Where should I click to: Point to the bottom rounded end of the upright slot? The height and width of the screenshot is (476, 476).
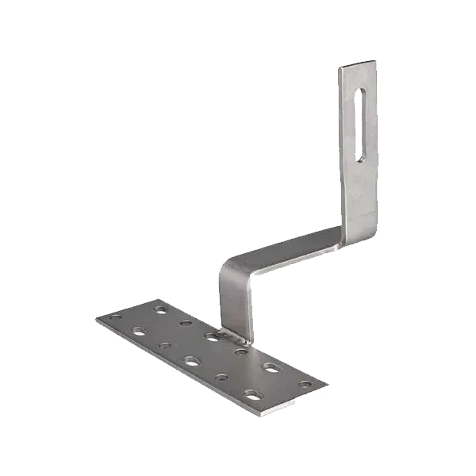[x=361, y=155]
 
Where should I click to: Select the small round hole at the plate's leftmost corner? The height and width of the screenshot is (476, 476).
[x=117, y=318]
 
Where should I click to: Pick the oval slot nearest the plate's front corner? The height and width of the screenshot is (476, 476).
[x=254, y=393]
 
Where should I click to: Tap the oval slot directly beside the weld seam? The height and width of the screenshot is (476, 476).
[x=211, y=337]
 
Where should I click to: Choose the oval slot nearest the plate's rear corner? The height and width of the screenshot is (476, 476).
[x=162, y=307]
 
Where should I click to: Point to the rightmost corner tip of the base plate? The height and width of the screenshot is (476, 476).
[x=328, y=386]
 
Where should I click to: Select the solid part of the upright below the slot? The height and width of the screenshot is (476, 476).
[x=359, y=198]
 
